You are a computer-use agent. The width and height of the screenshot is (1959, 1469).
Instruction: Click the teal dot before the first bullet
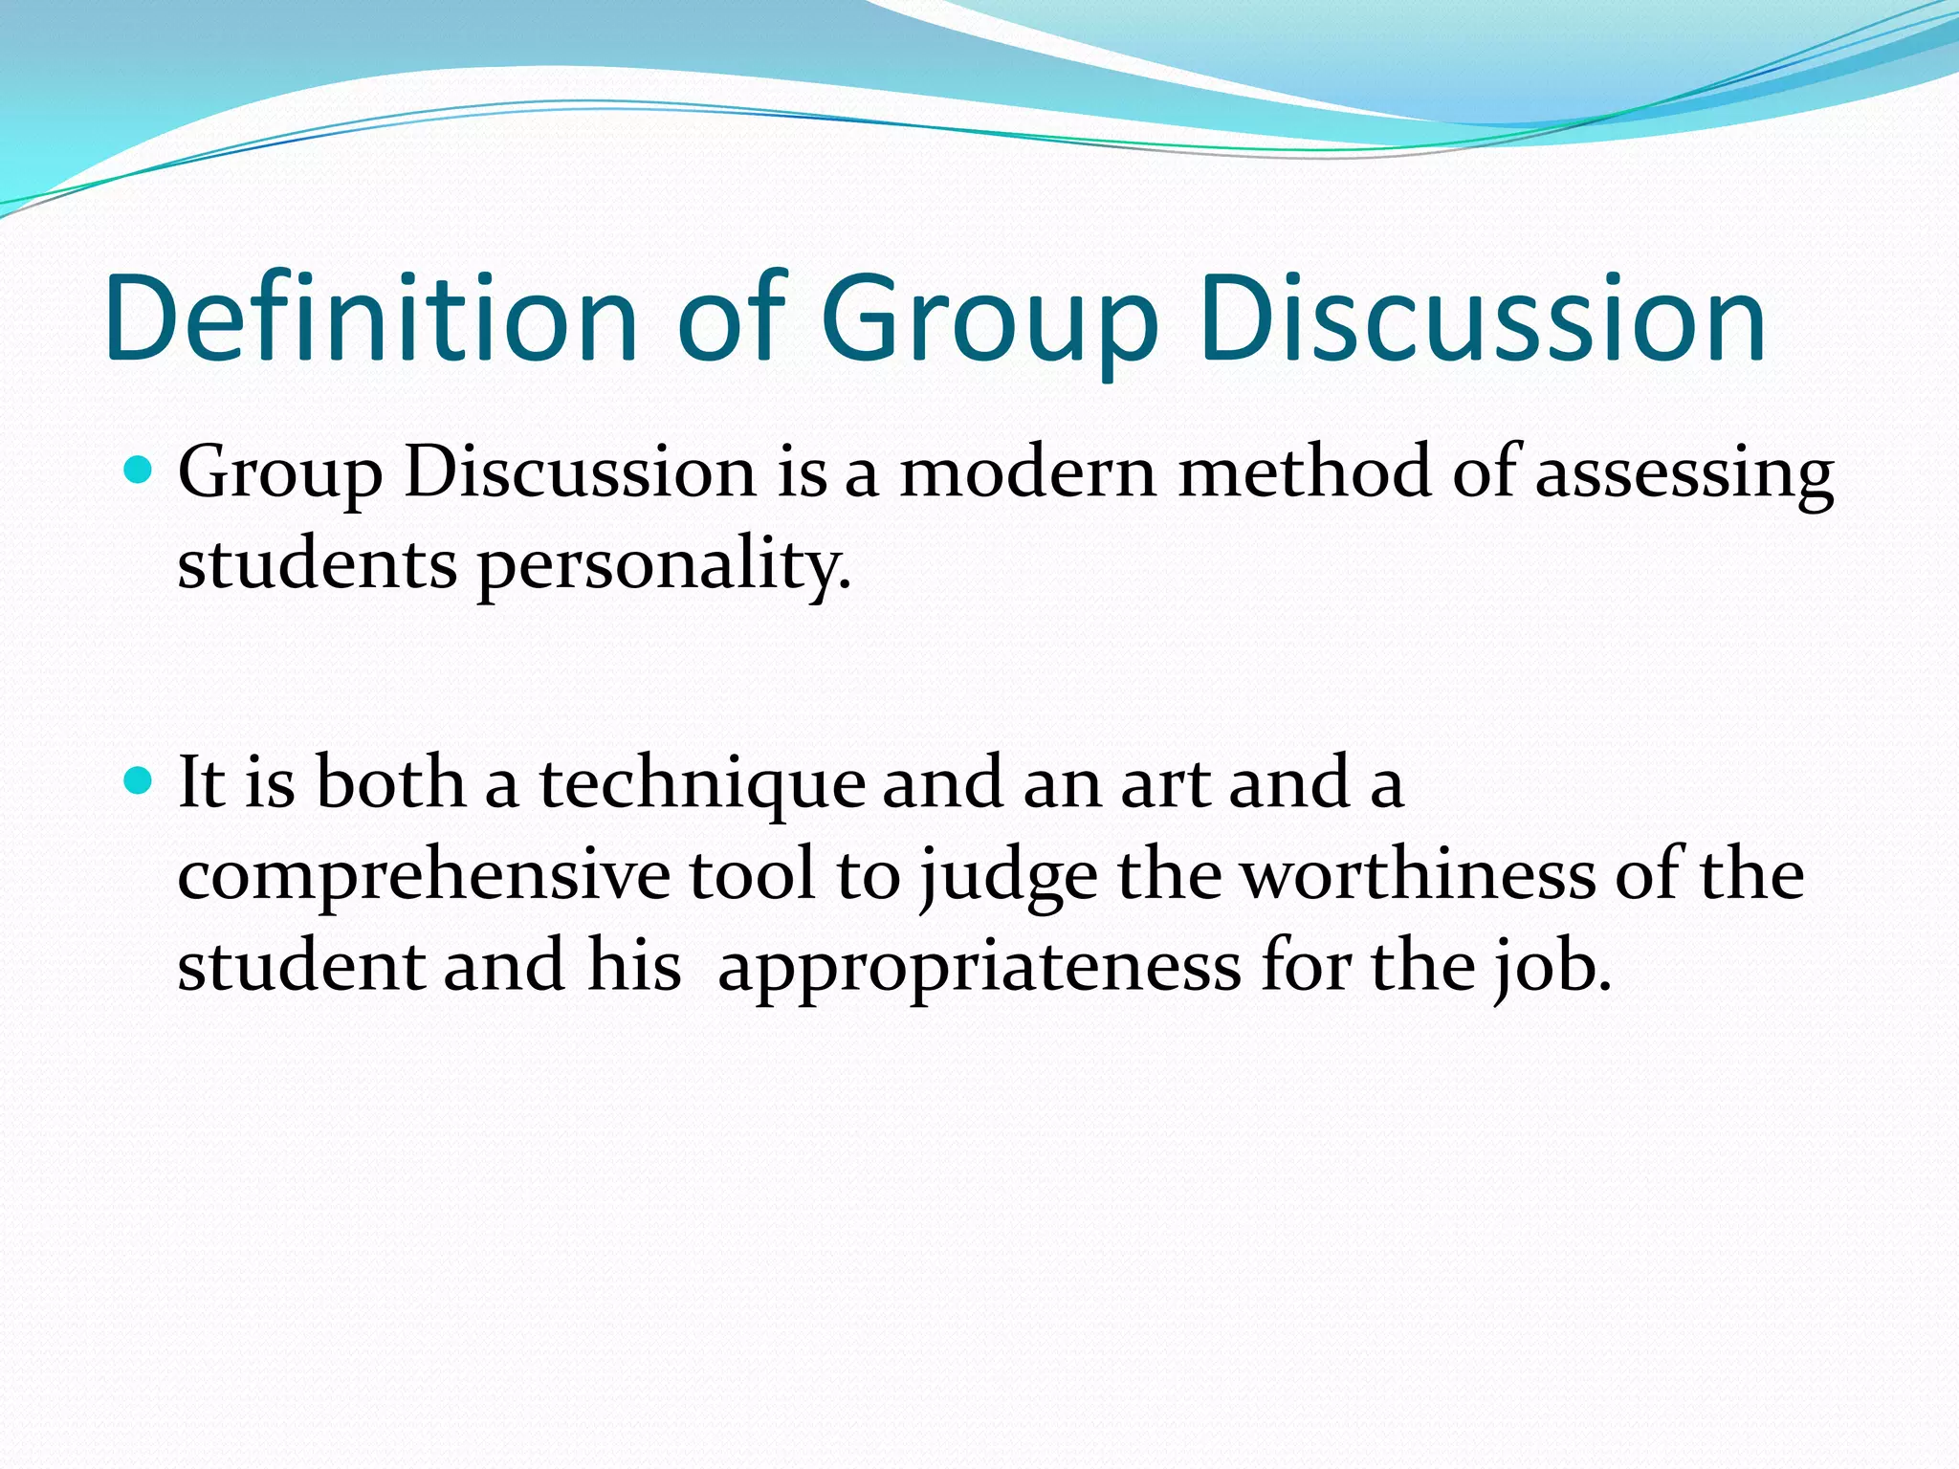click(140, 470)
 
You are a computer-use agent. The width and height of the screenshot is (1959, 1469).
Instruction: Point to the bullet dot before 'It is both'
click(140, 780)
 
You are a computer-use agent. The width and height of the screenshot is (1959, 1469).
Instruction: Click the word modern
click(1027, 472)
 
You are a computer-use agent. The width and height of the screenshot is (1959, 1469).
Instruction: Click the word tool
click(752, 874)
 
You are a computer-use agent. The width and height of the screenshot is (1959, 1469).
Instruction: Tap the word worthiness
click(1418, 874)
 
